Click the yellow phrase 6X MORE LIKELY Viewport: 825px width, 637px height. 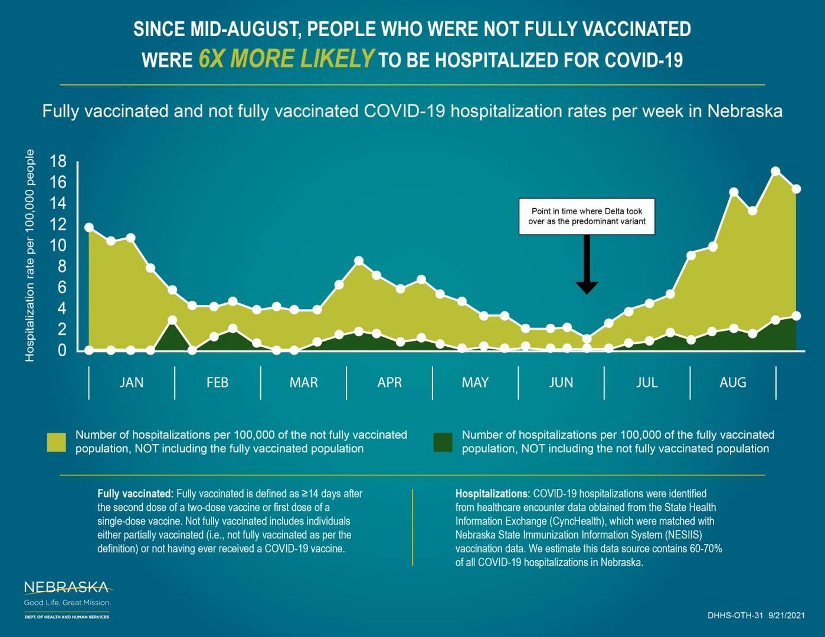[286, 59]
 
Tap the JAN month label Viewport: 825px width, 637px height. [132, 383]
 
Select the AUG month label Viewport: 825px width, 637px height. [733, 383]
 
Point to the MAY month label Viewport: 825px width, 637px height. [475, 383]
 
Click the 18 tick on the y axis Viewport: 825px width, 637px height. [58, 161]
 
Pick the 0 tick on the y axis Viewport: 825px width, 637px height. [62, 350]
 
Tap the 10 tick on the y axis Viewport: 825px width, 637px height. [58, 245]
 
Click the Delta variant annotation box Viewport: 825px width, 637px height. [587, 216]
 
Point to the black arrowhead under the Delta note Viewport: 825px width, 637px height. [587, 287]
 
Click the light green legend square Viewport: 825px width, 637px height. [57, 442]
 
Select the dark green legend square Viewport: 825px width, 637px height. [443, 442]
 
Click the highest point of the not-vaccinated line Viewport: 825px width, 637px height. [775, 172]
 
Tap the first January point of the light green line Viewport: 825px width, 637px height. [89, 227]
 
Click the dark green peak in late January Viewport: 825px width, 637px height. [172, 320]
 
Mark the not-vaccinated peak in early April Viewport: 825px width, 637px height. [359, 261]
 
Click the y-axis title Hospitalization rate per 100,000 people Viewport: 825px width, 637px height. [30, 255]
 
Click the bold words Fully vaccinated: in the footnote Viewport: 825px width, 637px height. [135, 494]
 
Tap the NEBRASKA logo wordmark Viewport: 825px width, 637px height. [66, 587]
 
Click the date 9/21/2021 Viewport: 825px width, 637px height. [787, 616]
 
